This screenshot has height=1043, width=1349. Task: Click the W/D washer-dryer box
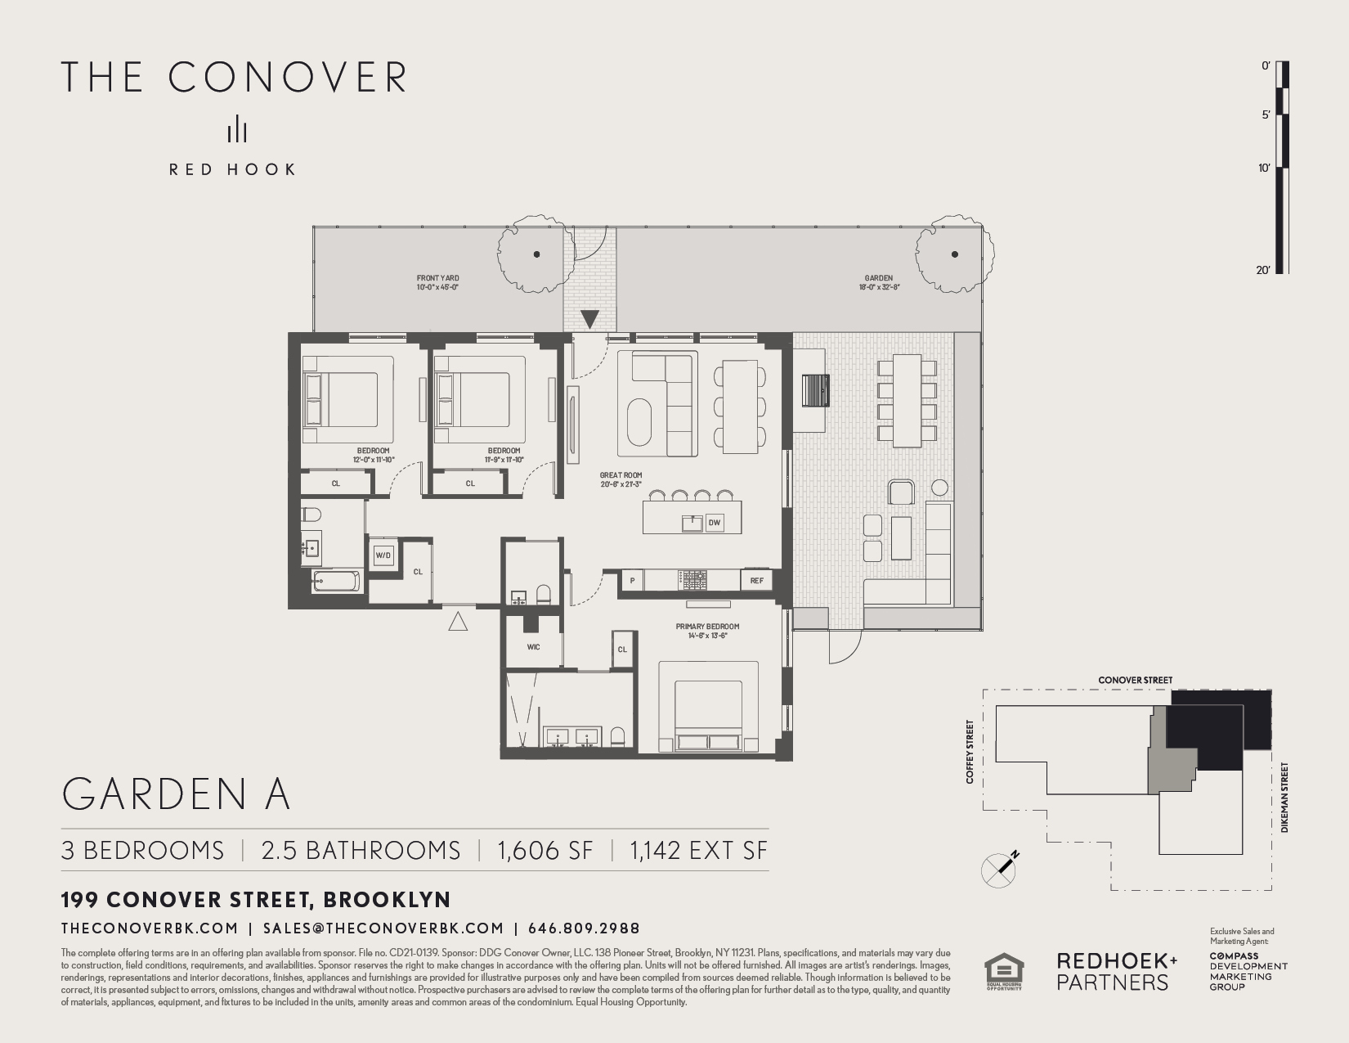383,555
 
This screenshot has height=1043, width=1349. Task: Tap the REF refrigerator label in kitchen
756,581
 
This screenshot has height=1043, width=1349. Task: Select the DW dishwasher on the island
715,522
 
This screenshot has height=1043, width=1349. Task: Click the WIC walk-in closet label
533,647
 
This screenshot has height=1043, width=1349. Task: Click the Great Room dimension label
621,479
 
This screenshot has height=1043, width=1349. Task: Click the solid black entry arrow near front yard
589,319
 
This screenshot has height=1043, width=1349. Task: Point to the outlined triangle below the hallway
458,622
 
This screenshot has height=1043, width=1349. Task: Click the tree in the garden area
954,254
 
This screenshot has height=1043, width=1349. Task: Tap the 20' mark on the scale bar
1264,270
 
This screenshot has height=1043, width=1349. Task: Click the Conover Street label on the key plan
1135,680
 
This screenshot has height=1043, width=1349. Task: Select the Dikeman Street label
1284,798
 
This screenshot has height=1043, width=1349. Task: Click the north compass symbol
999,869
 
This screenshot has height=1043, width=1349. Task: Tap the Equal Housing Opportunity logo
1003,972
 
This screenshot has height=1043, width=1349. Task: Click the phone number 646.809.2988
584,928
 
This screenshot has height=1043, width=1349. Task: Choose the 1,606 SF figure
545,850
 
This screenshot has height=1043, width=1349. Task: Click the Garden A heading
176,793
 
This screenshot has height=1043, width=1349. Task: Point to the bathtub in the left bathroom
336,582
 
